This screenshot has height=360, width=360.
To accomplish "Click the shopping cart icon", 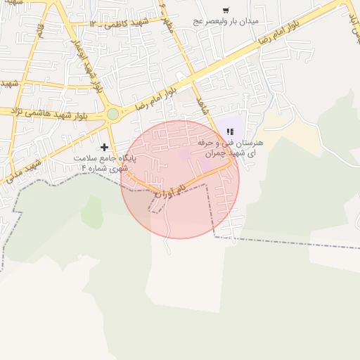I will coord(226,10).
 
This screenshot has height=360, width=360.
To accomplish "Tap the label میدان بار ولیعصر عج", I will coord(226,21).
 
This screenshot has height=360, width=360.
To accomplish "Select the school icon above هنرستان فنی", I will coord(230,131).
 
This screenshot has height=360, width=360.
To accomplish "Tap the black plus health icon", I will coord(105,147).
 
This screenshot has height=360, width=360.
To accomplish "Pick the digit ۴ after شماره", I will coord(84,168).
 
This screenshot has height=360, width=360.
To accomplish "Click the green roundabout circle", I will coord(112,114).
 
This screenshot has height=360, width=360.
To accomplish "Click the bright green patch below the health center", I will coord(91,211).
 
